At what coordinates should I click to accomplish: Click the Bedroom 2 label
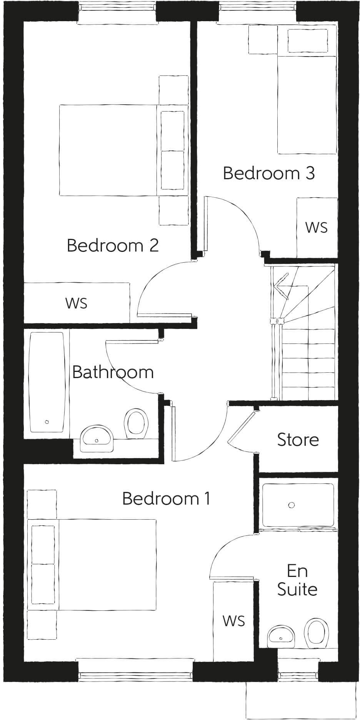(113, 245)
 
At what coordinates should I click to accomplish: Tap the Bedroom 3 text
(269, 173)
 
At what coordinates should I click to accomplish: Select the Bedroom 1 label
(166, 498)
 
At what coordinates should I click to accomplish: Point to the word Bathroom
(113, 372)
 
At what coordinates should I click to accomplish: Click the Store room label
(298, 440)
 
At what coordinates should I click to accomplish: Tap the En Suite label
(297, 580)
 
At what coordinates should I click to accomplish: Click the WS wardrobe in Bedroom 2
(77, 303)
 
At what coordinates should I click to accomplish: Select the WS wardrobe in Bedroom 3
(317, 228)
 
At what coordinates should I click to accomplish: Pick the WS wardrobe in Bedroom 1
(234, 620)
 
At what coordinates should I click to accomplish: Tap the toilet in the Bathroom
(136, 423)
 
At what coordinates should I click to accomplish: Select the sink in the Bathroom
(97, 438)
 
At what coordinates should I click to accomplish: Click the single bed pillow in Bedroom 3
(308, 41)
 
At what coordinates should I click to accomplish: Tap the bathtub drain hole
(47, 422)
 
